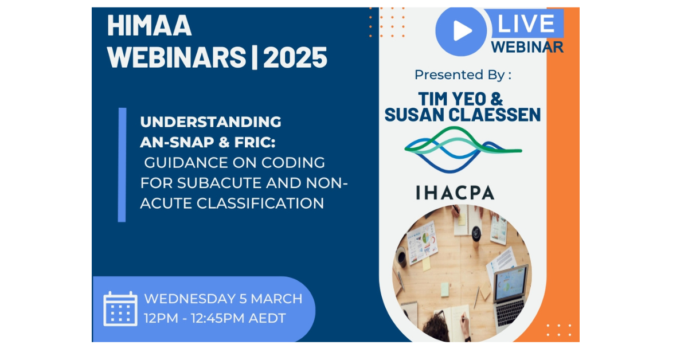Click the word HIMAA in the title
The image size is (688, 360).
150,26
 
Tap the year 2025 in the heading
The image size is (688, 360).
295,57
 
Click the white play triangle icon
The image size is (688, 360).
462,31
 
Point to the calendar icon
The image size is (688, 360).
120,308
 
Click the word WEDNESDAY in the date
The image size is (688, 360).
190,299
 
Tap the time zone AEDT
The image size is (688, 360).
267,318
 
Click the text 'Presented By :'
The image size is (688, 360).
463,75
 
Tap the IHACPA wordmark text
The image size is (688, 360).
455,193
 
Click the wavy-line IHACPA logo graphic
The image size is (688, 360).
463,150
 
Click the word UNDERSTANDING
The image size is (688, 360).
211,122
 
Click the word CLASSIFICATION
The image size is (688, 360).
260,204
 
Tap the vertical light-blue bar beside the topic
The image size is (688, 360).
122,165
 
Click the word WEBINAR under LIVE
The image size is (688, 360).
527,47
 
